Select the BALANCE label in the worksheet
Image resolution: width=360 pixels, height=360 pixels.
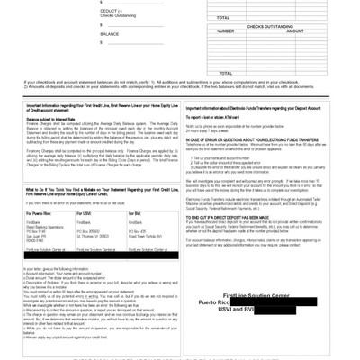110,34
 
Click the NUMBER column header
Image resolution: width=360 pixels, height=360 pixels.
226,31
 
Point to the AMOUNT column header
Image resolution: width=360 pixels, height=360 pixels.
293,31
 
